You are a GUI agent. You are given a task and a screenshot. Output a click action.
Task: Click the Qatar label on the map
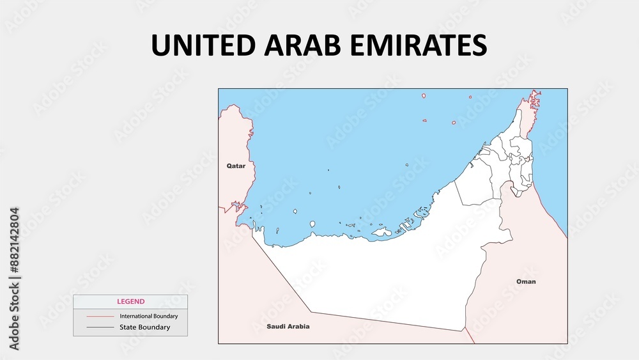click(x=236, y=166)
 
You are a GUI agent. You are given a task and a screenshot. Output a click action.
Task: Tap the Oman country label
click(x=526, y=281)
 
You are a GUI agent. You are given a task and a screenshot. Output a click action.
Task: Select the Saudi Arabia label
click(x=288, y=326)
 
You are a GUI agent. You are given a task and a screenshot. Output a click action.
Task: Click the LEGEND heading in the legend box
click(x=130, y=301)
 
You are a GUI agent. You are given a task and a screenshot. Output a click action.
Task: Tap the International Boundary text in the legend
click(x=148, y=316)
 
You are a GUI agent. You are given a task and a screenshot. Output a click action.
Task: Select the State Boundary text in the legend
click(x=144, y=327)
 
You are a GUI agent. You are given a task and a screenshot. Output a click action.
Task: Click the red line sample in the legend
click(x=100, y=317)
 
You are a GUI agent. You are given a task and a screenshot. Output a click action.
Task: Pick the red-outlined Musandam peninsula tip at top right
click(x=533, y=101)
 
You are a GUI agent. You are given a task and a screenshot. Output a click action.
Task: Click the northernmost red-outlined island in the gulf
click(x=423, y=96)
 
